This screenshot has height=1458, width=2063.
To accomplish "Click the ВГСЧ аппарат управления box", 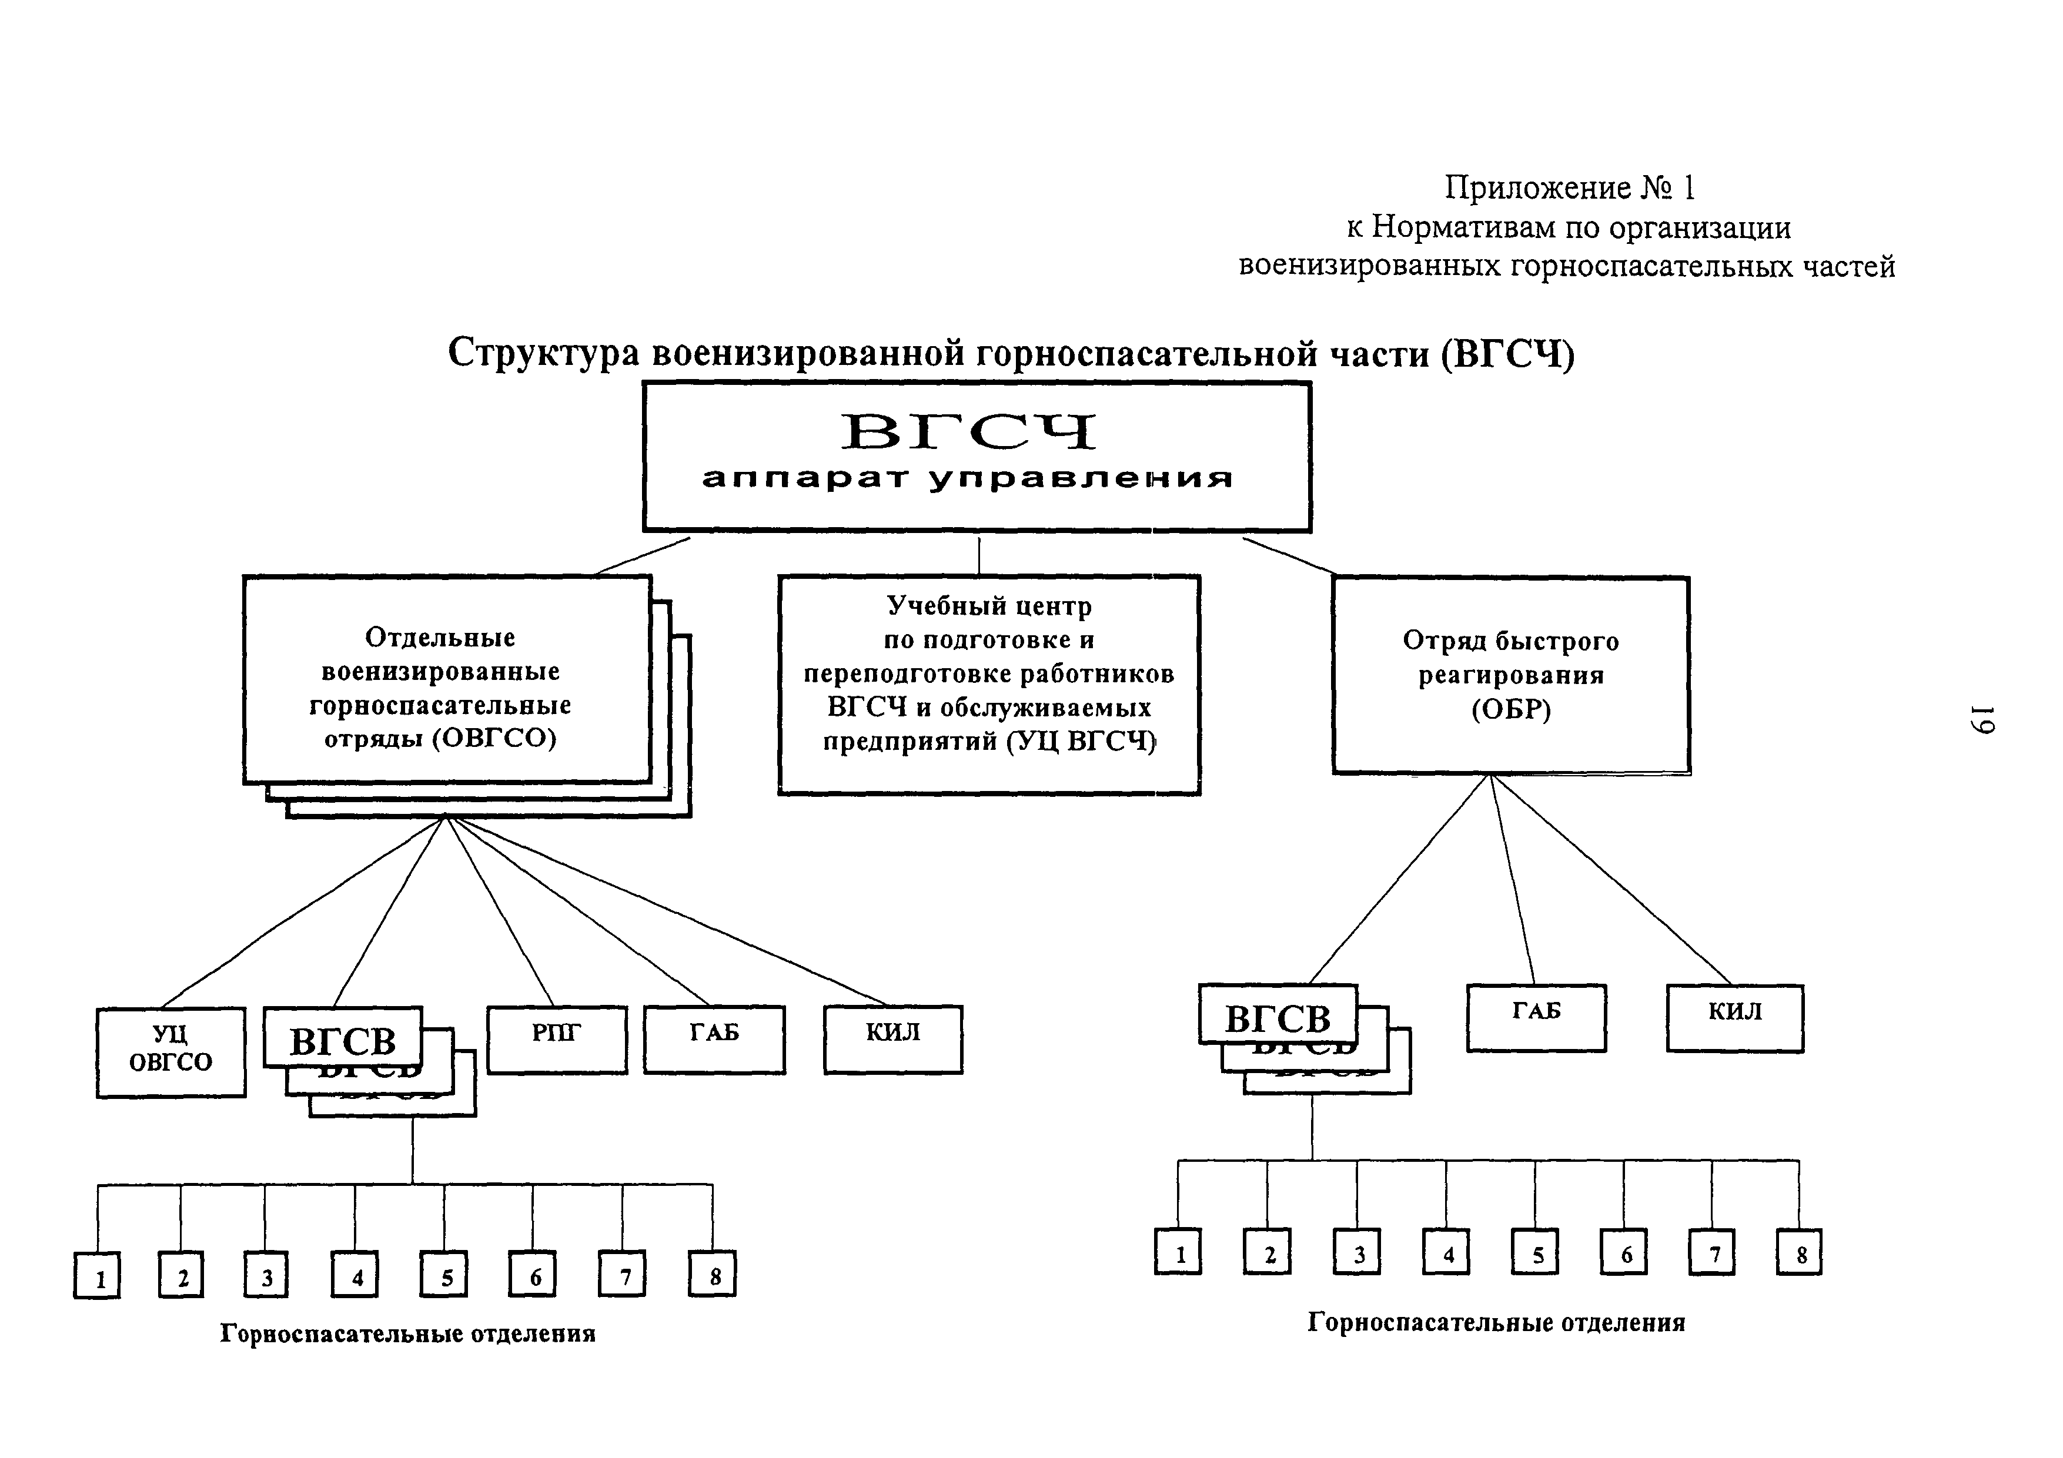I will coord(977,457).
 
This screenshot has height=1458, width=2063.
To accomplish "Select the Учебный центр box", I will coord(988,685).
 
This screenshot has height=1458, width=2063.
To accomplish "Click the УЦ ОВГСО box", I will coord(170,1052).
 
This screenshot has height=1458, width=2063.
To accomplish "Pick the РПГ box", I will coord(557,1040).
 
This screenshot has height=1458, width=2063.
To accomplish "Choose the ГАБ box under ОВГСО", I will coord(714,1040).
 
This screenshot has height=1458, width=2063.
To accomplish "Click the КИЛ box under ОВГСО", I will coord(893,1040).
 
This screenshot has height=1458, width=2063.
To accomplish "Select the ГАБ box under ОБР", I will coord(1536,1018).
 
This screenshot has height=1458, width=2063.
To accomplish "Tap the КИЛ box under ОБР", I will coord(1735,1018).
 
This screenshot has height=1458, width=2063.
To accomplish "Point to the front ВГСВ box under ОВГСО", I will coord(342,1037).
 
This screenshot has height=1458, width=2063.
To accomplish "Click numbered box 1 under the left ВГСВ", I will coord(97,1275).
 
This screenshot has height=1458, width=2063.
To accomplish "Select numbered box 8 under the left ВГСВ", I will coord(713,1274).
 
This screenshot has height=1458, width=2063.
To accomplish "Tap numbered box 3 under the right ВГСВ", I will coord(1357,1251).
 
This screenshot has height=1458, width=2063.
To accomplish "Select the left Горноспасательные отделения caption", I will coord(408,1333).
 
